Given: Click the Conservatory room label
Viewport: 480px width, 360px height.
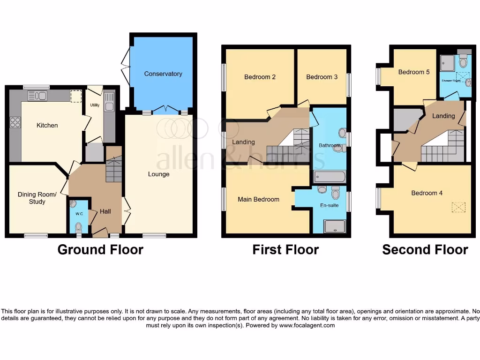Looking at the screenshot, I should tap(163, 74).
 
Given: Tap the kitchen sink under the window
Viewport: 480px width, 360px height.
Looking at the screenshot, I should tap(37, 96).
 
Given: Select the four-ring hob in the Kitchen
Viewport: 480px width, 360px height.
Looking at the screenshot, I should tap(15, 122).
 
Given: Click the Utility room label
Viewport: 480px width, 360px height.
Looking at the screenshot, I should tap(95, 105).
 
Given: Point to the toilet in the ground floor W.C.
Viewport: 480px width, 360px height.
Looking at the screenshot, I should tap(78, 227).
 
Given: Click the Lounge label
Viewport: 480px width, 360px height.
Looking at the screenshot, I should tap(158, 174).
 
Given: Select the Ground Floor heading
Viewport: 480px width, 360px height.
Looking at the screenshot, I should tap(100, 249).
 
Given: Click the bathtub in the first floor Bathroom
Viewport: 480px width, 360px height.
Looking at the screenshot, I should tap(329, 177).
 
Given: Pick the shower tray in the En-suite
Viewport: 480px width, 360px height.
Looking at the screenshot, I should tap(334, 226).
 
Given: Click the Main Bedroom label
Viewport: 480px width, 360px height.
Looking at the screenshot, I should tap(258, 199).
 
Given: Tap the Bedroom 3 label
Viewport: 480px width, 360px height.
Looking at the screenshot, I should tap(322, 77).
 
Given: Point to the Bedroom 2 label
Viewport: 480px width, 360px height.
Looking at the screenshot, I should tap(260, 77).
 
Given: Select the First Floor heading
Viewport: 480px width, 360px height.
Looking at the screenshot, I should tap(285, 249).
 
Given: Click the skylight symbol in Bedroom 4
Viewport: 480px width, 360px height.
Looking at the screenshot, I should tap(458, 207).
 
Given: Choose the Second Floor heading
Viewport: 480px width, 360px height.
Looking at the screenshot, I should tap(425, 249).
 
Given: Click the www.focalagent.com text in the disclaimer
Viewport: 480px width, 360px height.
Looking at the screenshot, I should tap(307, 325).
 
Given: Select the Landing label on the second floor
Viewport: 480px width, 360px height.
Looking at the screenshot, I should tap(443, 116).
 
